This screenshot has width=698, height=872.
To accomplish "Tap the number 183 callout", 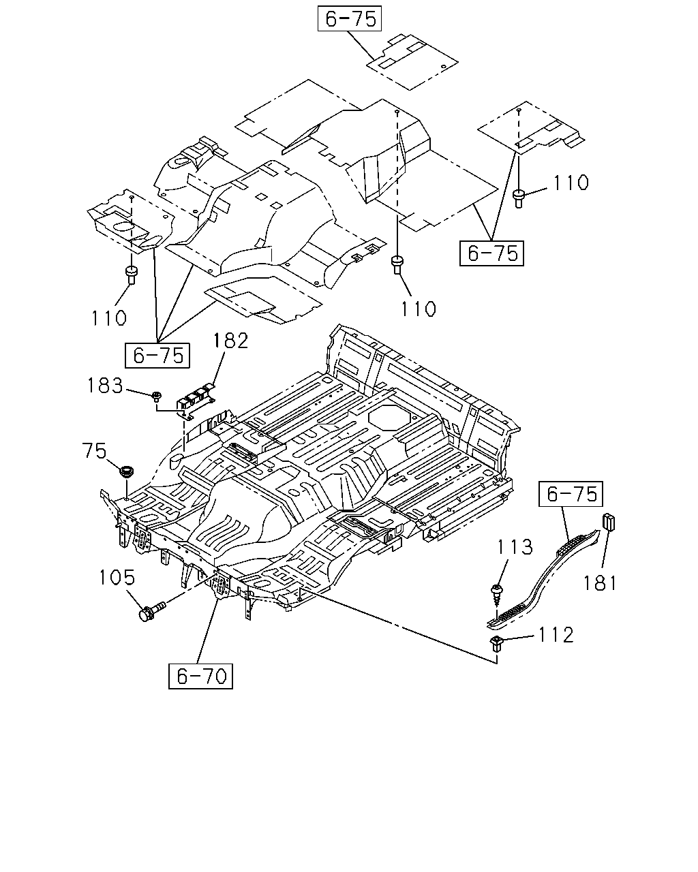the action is pyautogui.click(x=105, y=386).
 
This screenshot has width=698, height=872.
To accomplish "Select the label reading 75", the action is pyautogui.click(x=94, y=451).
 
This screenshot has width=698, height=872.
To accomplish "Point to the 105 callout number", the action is pyautogui.click(x=117, y=577).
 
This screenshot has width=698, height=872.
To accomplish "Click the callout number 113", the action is pyautogui.click(x=515, y=547).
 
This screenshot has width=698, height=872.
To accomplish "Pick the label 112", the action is pyautogui.click(x=556, y=635).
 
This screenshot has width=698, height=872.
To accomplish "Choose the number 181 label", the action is pyautogui.click(x=600, y=583).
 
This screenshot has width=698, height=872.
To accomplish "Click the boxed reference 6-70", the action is pyautogui.click(x=201, y=676).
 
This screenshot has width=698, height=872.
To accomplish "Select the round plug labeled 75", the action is pyautogui.click(x=127, y=473).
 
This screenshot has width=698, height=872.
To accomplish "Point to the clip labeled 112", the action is pyautogui.click(x=496, y=644).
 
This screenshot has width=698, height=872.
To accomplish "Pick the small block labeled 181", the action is pyautogui.click(x=609, y=522).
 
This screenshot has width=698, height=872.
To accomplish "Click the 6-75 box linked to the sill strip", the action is pyautogui.click(x=571, y=494).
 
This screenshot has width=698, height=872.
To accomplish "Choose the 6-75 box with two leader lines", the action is pyautogui.click(x=491, y=253).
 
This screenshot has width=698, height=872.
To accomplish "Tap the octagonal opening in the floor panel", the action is pyautogui.click(x=388, y=418).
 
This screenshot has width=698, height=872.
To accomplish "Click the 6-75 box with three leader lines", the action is pyautogui.click(x=157, y=356).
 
